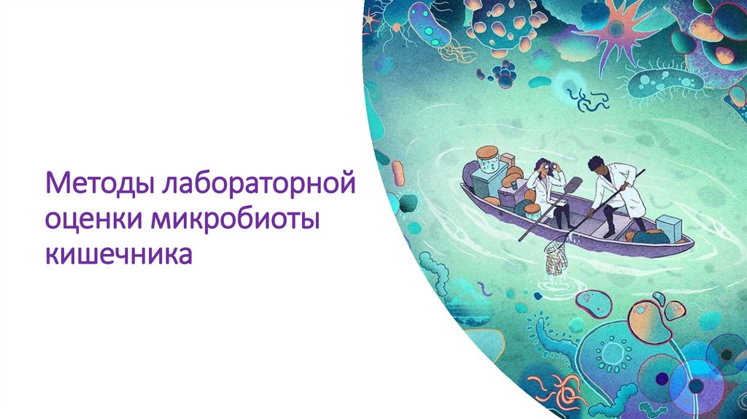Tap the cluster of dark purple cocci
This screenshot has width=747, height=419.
503,72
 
